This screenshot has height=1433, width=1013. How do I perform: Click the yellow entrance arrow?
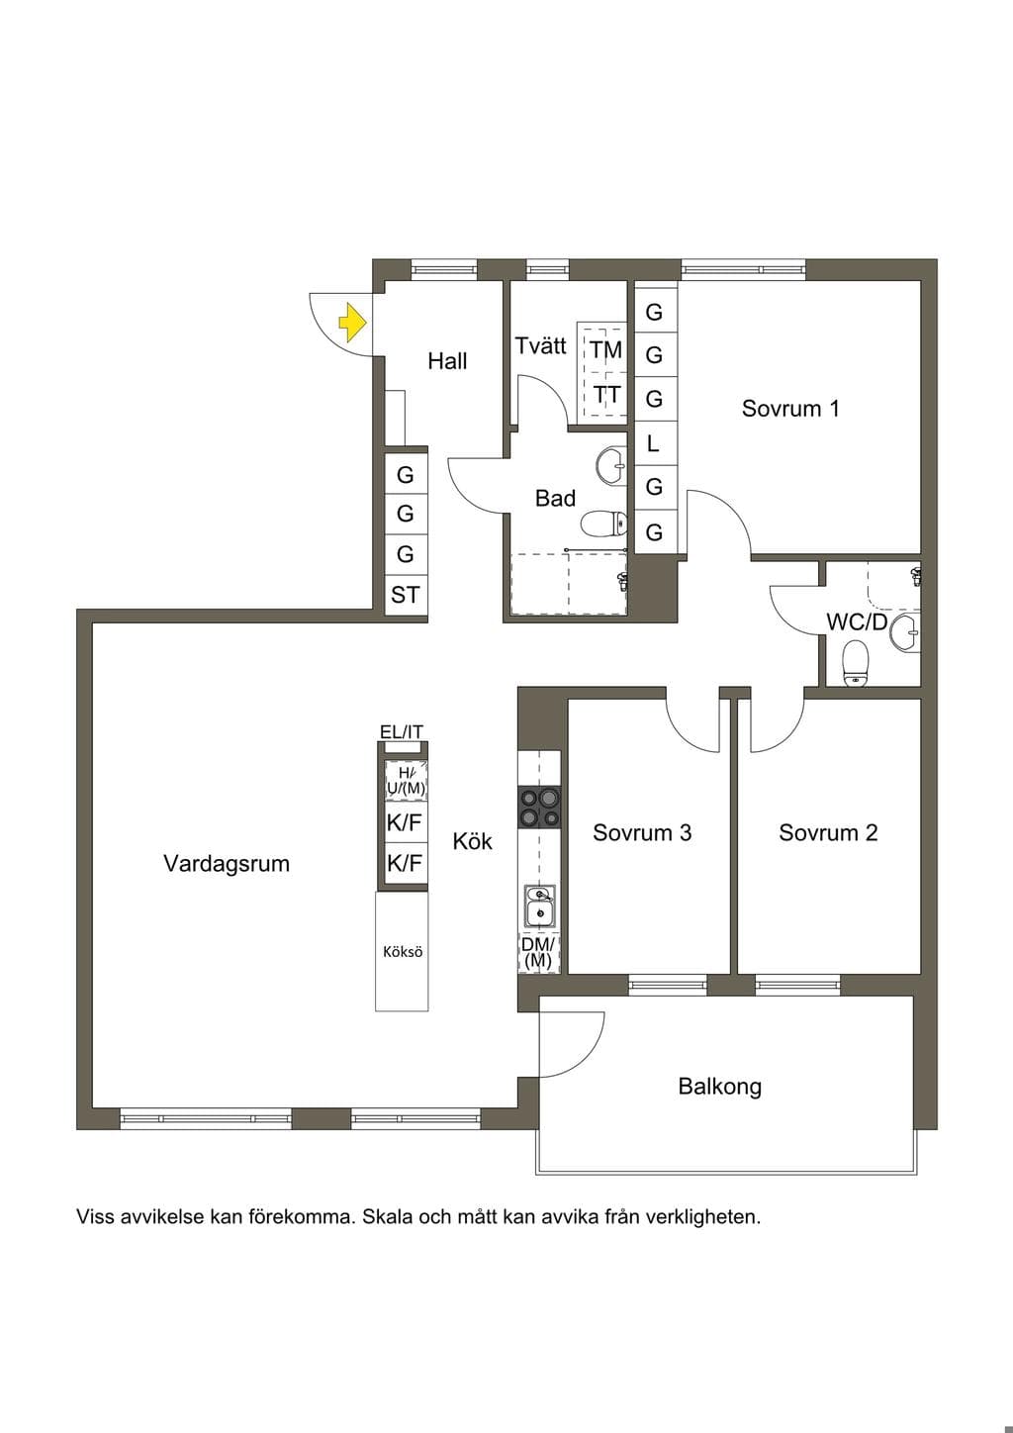pyautogui.click(x=352, y=323)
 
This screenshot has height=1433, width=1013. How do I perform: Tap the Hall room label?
pyautogui.click(x=447, y=361)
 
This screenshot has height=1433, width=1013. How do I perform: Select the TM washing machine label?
pyautogui.click(x=605, y=349)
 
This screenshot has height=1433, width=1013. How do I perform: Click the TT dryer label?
pyautogui.click(x=605, y=395)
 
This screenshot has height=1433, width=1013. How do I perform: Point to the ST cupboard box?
pyautogui.click(x=406, y=595)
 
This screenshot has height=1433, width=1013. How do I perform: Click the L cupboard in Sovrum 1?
pyautogui.click(x=654, y=442)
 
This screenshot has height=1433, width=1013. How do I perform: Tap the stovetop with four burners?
pyautogui.click(x=539, y=808)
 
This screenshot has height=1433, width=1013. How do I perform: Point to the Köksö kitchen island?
pyautogui.click(x=402, y=952)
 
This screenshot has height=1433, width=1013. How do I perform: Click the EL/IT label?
pyautogui.click(x=402, y=732)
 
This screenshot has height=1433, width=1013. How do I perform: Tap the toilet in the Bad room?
pyautogui.click(x=603, y=524)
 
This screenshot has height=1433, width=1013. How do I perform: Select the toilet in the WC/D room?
pyautogui.click(x=855, y=663)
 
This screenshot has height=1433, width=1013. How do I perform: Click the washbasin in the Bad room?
pyautogui.click(x=612, y=464)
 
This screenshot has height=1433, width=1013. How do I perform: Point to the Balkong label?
pyautogui.click(x=719, y=1087)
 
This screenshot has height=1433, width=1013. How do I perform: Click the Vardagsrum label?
pyautogui.click(x=227, y=864)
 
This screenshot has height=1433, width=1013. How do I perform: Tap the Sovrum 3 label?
pyautogui.click(x=641, y=832)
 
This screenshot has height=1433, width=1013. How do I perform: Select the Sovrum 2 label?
pyautogui.click(x=828, y=832)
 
